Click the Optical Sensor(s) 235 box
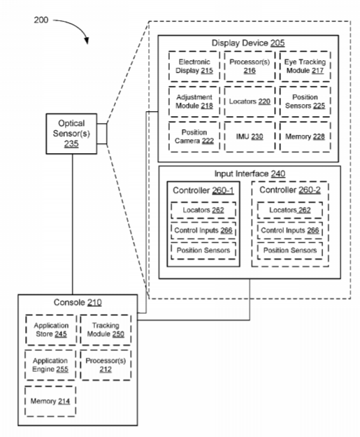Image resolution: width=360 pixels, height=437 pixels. (x=71, y=134)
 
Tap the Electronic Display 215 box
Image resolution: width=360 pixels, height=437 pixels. (x=194, y=66)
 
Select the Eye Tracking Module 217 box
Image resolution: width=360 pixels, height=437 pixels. (x=305, y=66)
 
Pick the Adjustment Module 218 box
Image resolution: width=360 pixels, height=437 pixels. (x=194, y=101)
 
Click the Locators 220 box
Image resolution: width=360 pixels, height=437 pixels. (x=250, y=101)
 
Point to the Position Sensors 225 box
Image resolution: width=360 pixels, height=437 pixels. (x=305, y=101)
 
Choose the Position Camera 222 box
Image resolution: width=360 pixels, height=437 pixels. (x=194, y=136)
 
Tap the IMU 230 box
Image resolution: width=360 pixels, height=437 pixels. (x=250, y=136)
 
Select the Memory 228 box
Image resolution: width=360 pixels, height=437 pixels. (x=305, y=136)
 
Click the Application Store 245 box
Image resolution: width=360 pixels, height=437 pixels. (x=51, y=330)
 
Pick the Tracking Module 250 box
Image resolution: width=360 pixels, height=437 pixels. (x=106, y=330)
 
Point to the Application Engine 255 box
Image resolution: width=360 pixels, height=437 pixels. (x=50, y=365)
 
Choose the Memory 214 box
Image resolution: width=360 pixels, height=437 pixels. (x=50, y=401)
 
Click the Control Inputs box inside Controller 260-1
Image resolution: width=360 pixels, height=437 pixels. (x=203, y=231)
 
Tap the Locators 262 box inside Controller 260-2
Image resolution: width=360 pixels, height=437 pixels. (x=290, y=210)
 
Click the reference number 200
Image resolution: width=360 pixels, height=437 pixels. (x=41, y=20)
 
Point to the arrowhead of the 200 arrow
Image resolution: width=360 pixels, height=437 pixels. (x=87, y=41)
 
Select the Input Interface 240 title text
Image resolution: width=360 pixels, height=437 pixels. (x=250, y=173)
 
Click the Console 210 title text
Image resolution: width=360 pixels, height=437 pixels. (x=78, y=302)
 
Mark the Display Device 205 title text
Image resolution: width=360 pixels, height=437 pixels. (x=248, y=43)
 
